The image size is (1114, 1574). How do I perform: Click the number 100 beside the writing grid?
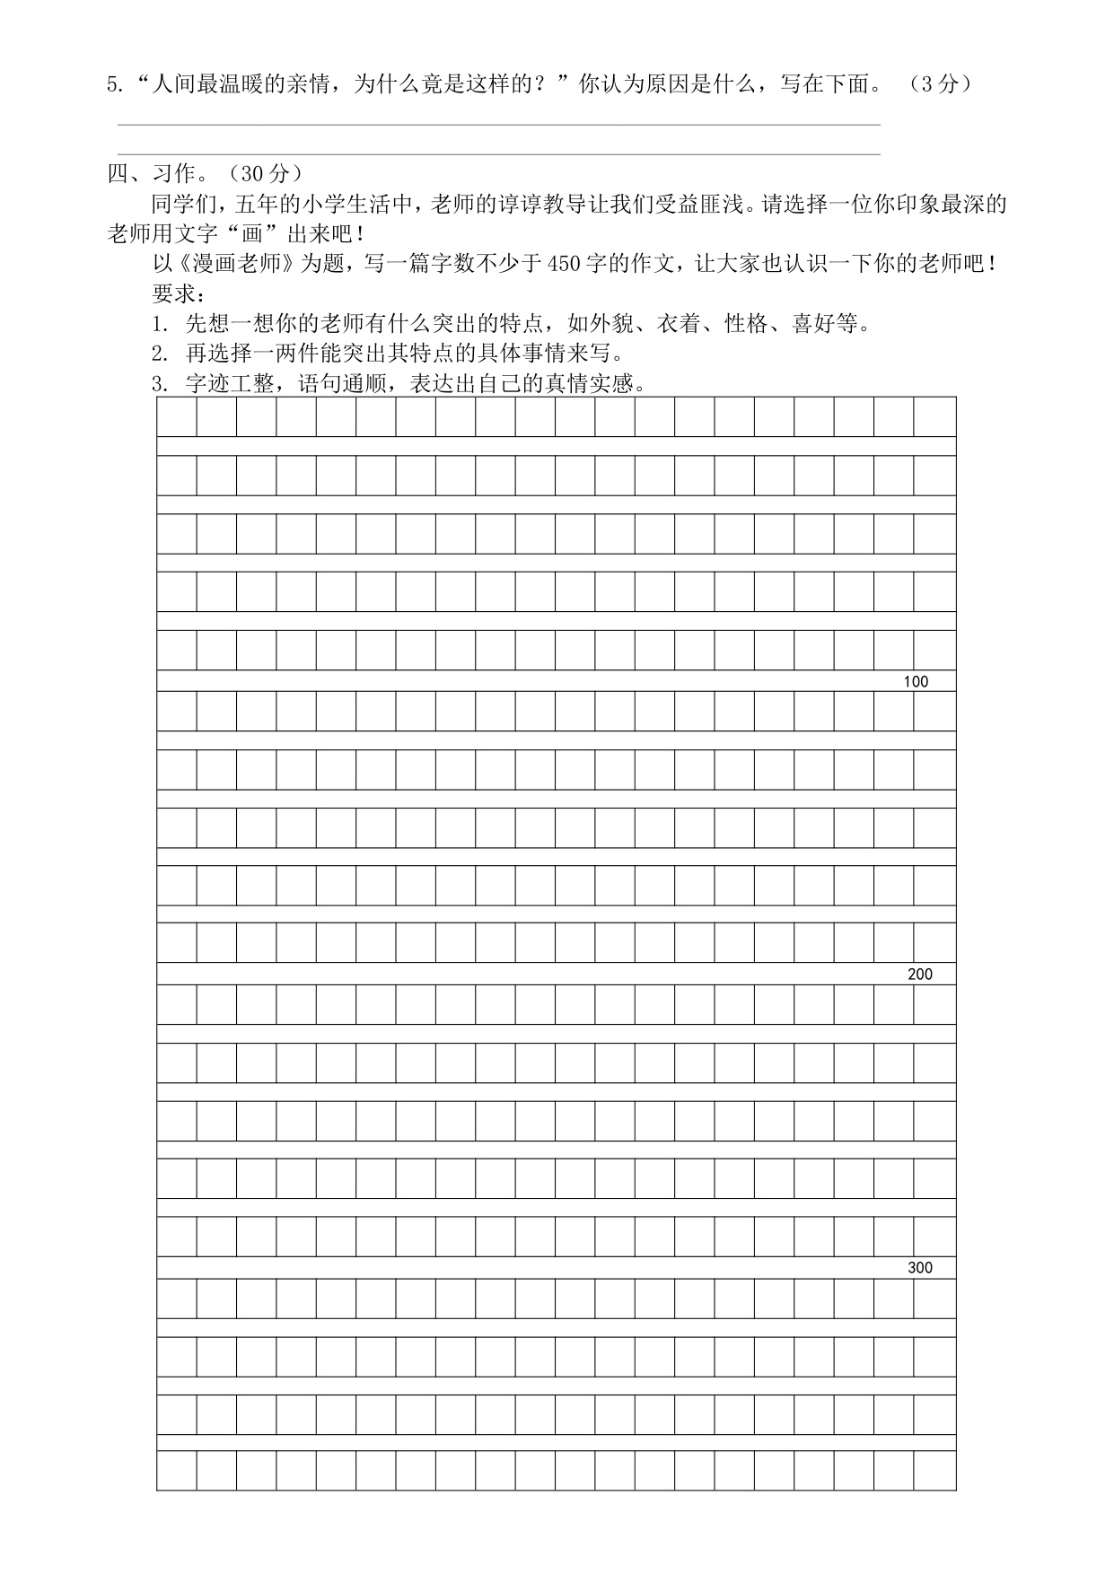coord(916,682)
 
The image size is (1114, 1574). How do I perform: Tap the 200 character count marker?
coord(920,975)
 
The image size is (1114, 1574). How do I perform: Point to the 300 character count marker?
coord(920,1268)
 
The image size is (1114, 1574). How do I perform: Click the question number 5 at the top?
coord(112,85)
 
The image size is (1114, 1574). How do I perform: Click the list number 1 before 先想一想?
coord(158,325)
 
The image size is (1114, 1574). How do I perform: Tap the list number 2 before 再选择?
coord(158,354)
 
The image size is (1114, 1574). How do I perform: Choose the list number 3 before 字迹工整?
coord(158,385)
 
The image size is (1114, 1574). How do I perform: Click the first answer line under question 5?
coord(498,126)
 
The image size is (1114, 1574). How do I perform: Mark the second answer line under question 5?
coord(498,155)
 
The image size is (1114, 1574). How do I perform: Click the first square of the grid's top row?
coord(177,416)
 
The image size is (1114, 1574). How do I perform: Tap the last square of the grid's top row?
coord(935,416)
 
